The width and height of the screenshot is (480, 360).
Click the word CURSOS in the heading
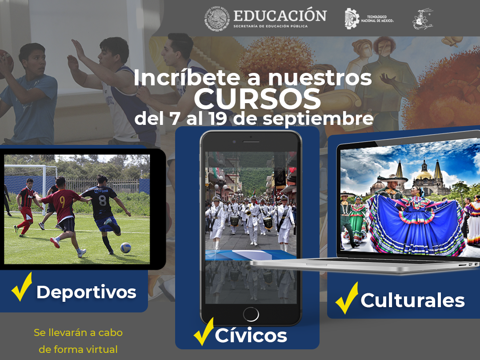pyautogui.click(x=257, y=99)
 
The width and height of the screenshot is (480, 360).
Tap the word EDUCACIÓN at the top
pyautogui.click(x=280, y=15)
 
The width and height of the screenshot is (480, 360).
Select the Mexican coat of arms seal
pyautogui.click(x=217, y=18)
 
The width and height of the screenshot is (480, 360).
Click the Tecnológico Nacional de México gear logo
pyautogui.click(x=352, y=19)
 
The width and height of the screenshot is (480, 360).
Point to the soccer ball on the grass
pyautogui.click(x=125, y=248)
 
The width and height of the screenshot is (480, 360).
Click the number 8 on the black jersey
pyautogui.click(x=102, y=201)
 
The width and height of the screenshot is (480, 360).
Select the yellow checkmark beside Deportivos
pyautogui.click(x=22, y=287)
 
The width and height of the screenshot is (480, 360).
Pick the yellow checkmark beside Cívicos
pyautogui.click(x=204, y=332)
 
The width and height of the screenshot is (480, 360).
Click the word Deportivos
pyautogui.click(x=86, y=292)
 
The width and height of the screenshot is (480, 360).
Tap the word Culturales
pyautogui.click(x=412, y=300)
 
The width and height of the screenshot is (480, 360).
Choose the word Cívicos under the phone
pyautogui.click(x=251, y=335)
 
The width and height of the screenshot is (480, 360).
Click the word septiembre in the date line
pyautogui.click(x=318, y=119)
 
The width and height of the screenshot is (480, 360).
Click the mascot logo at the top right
pyautogui.click(x=423, y=19)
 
